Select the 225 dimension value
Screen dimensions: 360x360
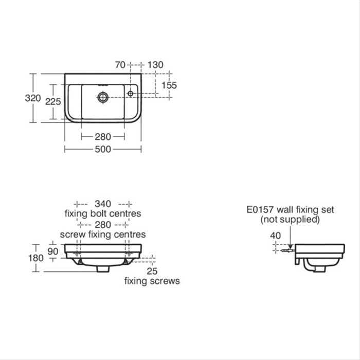53,102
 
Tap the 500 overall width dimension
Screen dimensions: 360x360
103,149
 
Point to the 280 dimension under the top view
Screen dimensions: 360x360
103,137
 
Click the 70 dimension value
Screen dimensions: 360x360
120,65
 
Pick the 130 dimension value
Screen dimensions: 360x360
155,65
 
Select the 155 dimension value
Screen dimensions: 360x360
168,85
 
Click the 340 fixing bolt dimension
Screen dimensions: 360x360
103,204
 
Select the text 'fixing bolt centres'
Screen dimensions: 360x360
103,213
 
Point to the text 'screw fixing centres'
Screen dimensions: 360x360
103,234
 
